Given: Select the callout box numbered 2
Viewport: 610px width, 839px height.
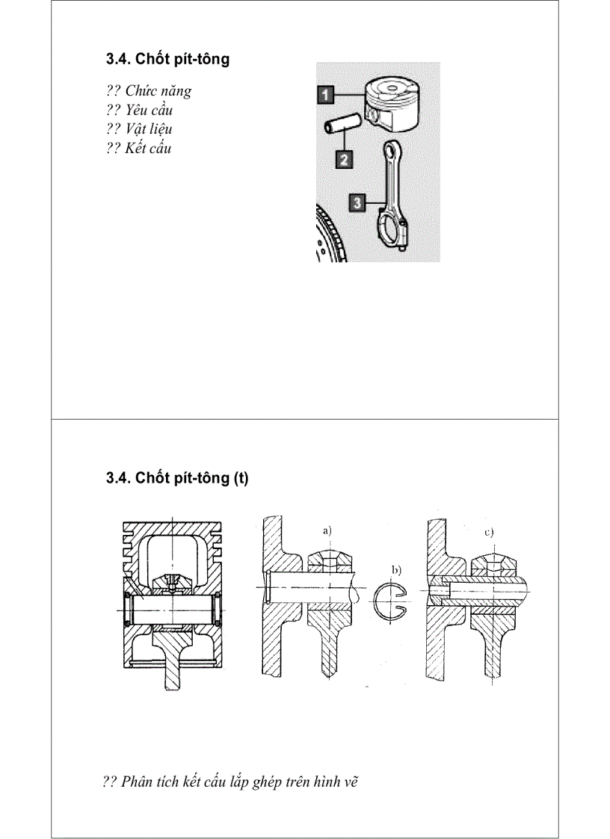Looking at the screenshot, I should point(343,158).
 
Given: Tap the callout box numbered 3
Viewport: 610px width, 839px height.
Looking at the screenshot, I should point(357,202).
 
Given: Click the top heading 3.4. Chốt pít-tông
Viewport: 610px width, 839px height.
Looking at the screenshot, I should point(167,59).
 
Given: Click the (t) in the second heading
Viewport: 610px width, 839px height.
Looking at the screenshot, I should point(240,478).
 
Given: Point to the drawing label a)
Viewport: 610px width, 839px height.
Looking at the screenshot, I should point(327,530).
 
